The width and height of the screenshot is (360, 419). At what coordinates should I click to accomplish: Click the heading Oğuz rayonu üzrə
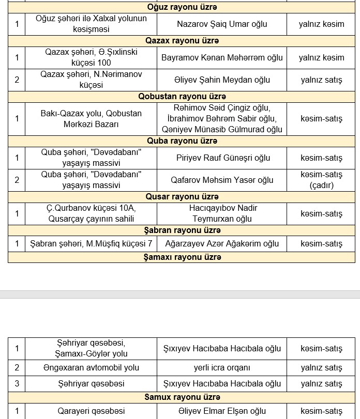click(x=182, y=7)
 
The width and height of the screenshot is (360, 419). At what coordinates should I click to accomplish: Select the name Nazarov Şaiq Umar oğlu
click(x=222, y=24)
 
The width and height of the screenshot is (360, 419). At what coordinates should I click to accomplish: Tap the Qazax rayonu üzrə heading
click(x=182, y=41)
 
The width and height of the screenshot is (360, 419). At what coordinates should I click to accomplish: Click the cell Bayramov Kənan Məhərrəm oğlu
click(x=222, y=57)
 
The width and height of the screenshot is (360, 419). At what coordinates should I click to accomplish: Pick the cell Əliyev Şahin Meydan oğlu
click(x=222, y=80)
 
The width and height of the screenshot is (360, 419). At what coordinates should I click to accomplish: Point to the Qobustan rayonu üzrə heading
click(x=182, y=97)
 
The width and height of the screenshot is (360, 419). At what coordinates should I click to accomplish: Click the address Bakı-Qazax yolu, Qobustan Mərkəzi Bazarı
click(x=91, y=118)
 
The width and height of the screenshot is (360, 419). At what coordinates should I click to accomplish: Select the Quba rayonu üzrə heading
click(x=182, y=141)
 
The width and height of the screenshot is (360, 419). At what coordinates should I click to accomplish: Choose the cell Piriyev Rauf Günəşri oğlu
click(x=222, y=158)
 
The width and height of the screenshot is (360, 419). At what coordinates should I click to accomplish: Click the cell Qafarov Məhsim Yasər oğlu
click(x=222, y=180)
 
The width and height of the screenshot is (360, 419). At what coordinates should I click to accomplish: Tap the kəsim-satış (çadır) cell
click(x=321, y=180)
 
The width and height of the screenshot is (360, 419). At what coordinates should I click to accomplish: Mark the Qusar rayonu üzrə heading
click(x=182, y=197)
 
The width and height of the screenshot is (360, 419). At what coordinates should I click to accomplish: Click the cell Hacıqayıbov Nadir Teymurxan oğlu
click(x=222, y=213)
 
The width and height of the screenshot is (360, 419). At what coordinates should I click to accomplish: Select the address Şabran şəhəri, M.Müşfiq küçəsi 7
click(x=91, y=243)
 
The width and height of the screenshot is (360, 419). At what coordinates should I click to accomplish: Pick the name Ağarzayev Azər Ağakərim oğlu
click(x=222, y=243)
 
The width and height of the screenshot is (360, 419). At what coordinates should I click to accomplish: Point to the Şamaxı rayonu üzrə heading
click(x=182, y=257)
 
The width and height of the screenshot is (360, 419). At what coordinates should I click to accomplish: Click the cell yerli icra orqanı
click(x=222, y=368)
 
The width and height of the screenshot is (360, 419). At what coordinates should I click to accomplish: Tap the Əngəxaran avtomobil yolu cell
click(x=91, y=368)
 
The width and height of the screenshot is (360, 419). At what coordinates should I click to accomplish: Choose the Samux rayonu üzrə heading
click(x=182, y=397)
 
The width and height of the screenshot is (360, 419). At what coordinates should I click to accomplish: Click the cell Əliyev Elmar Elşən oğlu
click(x=222, y=411)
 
